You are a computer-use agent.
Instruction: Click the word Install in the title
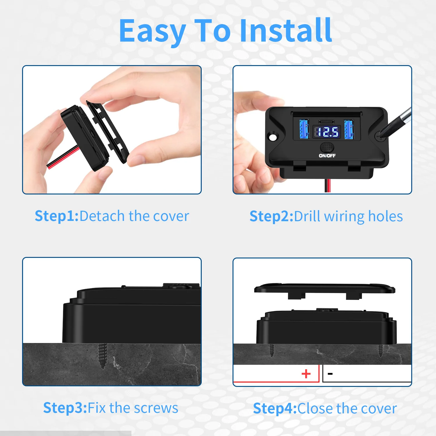click(x=286, y=31)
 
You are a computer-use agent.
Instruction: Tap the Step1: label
click(x=57, y=216)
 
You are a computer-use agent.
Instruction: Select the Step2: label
click(x=271, y=217)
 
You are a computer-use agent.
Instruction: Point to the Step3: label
click(x=65, y=408)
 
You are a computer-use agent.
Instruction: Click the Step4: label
click(x=275, y=408)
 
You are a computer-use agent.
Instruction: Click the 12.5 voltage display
click(x=327, y=132)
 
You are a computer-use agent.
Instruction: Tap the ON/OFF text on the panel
click(x=327, y=156)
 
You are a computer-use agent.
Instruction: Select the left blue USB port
click(x=304, y=129)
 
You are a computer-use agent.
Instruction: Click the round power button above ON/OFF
click(x=327, y=146)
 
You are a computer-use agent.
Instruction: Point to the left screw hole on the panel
click(x=273, y=137)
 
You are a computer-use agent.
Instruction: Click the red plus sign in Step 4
click(x=306, y=374)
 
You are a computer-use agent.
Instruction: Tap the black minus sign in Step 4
click(x=330, y=374)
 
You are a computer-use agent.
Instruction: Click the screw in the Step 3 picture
click(x=103, y=355)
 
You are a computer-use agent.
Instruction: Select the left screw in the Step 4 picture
click(x=272, y=350)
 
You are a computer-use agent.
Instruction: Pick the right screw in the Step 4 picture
click(x=380, y=351)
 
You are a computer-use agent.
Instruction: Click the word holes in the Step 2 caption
click(x=385, y=217)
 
